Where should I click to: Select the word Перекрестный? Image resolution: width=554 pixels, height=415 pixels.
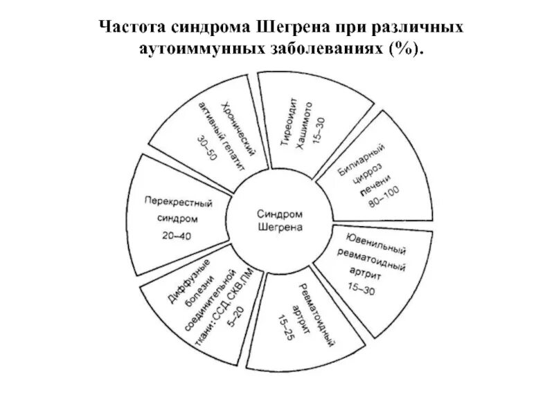point(178,203)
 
